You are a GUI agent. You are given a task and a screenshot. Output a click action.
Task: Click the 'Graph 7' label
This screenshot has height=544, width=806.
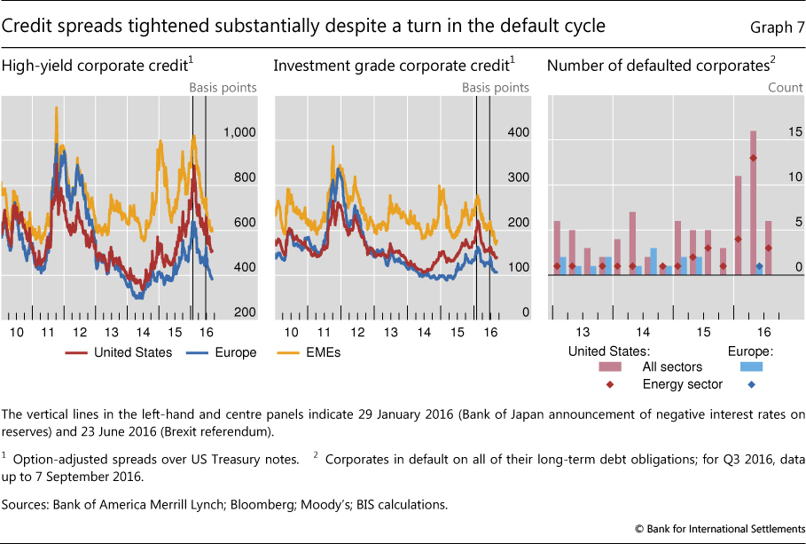click(x=773, y=27)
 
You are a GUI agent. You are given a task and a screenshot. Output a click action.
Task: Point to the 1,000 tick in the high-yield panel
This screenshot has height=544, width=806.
click(x=239, y=132)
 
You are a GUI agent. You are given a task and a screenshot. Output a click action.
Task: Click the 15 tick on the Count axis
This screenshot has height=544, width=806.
click(x=783, y=132)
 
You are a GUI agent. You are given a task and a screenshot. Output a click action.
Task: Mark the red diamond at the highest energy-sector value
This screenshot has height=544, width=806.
click(x=753, y=158)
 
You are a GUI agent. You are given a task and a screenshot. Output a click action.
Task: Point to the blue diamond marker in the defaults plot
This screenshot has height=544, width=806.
click(x=759, y=266)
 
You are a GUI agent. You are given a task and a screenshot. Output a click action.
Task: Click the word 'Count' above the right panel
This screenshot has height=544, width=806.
click(x=784, y=88)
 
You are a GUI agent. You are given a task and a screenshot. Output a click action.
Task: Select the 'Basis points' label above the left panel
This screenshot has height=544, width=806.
click(x=223, y=88)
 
